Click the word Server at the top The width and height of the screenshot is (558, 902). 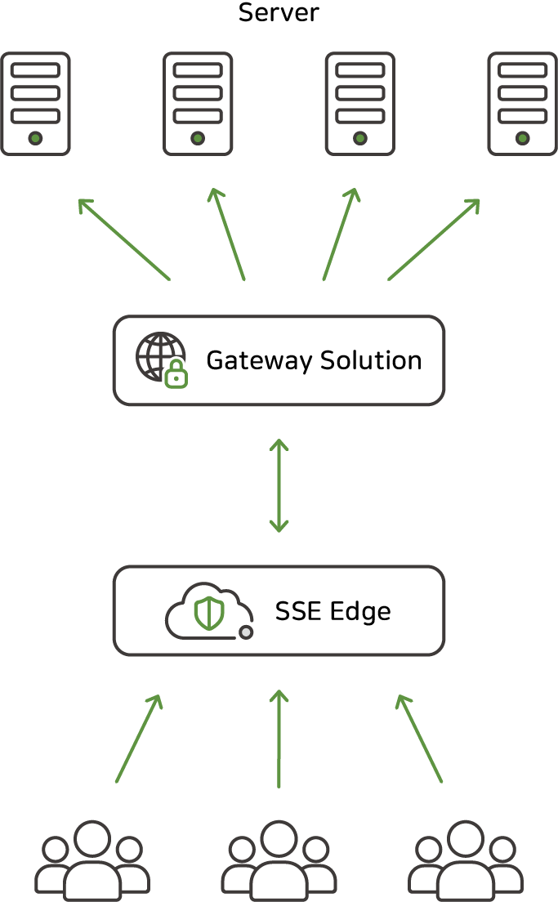pos(279,13)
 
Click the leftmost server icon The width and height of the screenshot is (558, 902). pos(35,104)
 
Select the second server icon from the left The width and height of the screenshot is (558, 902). pos(198,104)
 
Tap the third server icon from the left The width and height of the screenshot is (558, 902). pos(360,104)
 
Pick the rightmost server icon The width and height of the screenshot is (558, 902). pos(523,104)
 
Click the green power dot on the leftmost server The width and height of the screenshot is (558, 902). pos(35,138)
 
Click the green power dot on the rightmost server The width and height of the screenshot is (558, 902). pos(523,138)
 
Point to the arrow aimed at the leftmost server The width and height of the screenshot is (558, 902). pos(123,239)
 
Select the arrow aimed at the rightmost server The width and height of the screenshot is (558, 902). pos(434,239)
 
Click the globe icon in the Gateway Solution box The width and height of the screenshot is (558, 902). pos(159,356)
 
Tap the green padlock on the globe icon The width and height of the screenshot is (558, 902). pos(176,376)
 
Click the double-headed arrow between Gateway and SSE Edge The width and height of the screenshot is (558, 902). pos(279,485)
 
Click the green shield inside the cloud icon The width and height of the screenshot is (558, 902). pos(209,613)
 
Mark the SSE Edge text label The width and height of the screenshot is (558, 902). pos(333,611)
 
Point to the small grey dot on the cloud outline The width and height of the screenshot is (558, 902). pos(245,632)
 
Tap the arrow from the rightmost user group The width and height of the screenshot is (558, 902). pos(419,739)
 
